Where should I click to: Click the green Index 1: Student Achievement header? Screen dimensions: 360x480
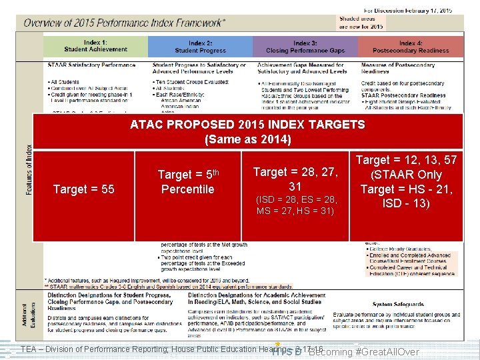[x=95, y=46]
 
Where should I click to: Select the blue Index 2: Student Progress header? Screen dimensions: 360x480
[x=200, y=46]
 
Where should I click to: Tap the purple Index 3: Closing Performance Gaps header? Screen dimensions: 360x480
[x=305, y=46]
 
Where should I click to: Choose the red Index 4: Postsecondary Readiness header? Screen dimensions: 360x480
[x=410, y=46]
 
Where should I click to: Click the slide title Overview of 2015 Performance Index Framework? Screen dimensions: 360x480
[x=125, y=23]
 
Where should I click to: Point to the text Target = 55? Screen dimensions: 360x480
[x=83, y=189]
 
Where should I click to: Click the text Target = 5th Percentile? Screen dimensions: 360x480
[x=187, y=181]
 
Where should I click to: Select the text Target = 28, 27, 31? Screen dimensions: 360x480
[x=296, y=179]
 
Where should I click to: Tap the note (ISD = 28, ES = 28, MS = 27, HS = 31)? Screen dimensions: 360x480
[x=297, y=205]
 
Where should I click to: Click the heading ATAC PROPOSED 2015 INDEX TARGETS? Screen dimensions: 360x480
[x=247, y=125]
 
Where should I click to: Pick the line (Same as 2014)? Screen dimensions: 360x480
[x=247, y=139]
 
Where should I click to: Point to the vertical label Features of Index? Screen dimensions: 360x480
[x=29, y=170]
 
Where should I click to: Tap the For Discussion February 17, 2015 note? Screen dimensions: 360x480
[x=408, y=10]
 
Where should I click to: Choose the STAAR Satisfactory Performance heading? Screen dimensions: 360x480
[x=91, y=65]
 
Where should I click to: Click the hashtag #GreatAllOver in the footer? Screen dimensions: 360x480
[x=387, y=351]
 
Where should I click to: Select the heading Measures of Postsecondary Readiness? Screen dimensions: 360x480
[x=398, y=68]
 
